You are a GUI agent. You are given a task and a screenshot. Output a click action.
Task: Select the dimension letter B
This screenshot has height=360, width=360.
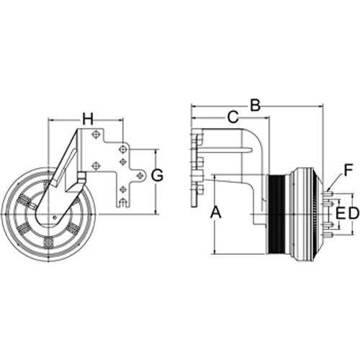point(255,105)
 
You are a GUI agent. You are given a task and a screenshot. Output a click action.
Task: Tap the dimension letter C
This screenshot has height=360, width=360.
point(233,117)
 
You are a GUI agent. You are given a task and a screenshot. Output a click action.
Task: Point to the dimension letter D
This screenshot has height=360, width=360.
point(354,213)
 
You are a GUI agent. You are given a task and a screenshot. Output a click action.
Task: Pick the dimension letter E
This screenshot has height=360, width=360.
point(341,213)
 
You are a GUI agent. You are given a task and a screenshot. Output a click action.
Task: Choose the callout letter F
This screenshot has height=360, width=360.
point(348,170)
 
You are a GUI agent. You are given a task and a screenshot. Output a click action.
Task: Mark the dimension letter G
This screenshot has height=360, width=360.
point(157,175)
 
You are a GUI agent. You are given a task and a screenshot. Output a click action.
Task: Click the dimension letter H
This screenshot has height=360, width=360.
point(88,119)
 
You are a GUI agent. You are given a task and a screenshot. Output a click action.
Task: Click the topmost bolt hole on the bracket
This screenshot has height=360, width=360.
point(96,134)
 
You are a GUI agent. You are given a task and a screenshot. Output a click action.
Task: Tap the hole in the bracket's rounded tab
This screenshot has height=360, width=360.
point(139,176)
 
